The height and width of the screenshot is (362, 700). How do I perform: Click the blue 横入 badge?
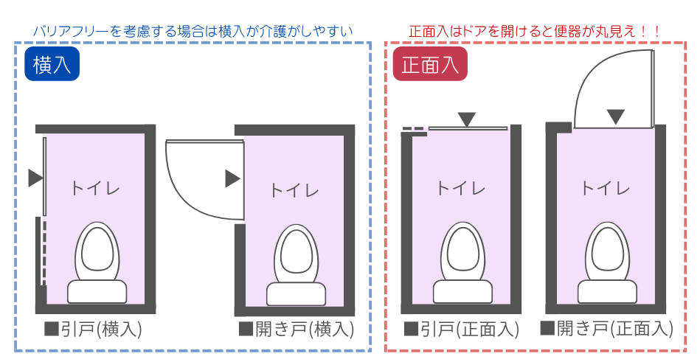52,65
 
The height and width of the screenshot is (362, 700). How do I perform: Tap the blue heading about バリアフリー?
193,32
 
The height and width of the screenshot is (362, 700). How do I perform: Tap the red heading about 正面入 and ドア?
535,32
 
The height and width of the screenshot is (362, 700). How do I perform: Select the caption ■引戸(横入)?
93,329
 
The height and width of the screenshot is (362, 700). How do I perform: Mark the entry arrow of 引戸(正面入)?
467,119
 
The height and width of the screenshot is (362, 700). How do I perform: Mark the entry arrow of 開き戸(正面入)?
616,116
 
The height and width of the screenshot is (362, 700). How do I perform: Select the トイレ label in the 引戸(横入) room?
95,187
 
